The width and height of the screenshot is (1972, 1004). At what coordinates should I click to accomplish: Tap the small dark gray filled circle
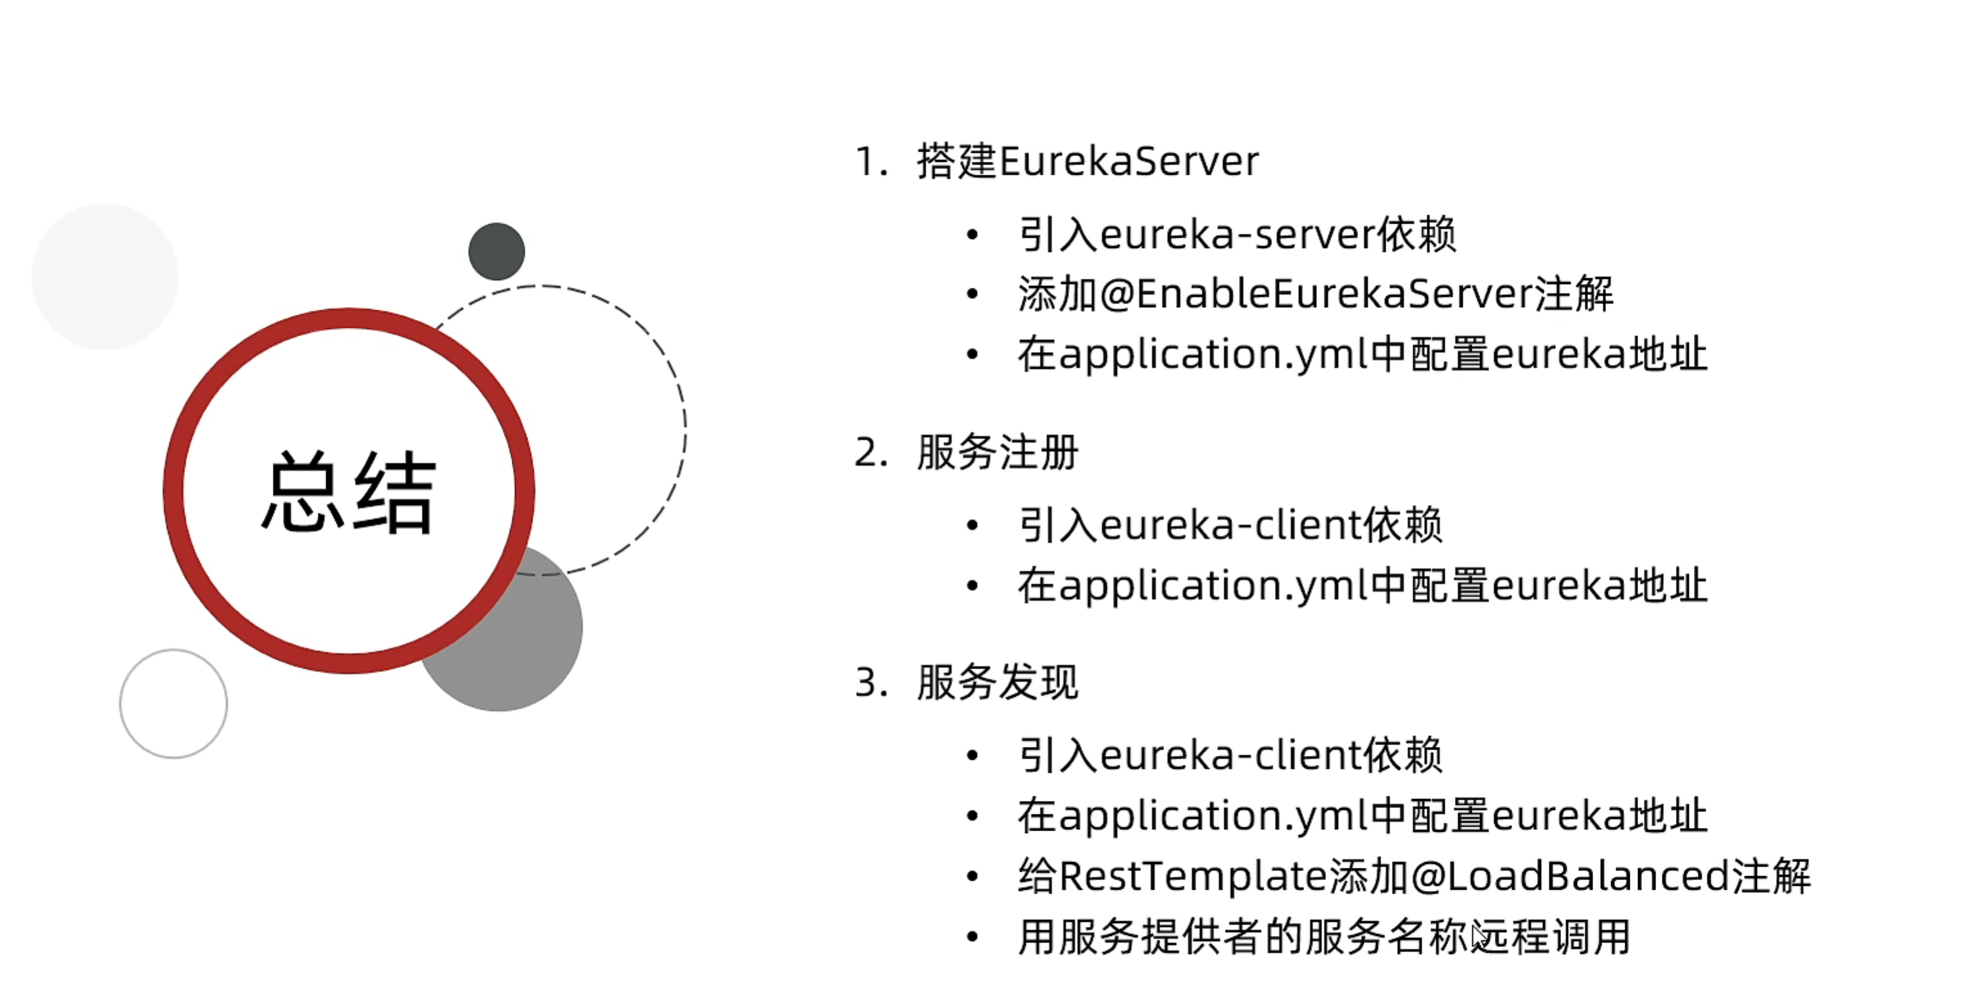click(496, 251)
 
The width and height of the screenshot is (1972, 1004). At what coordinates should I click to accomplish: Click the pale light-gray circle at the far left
click(105, 276)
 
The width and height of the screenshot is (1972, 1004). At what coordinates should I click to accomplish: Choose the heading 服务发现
click(997, 682)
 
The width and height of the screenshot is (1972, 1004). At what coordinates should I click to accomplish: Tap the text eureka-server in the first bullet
click(1235, 234)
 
